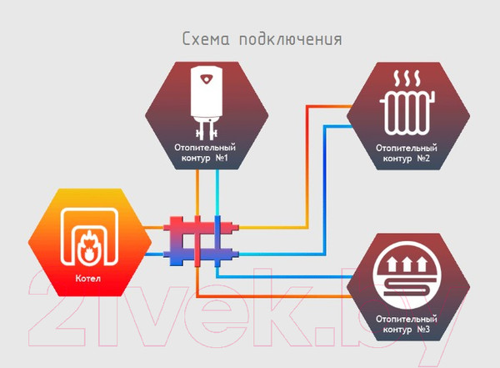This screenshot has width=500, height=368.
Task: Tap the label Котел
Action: click(87, 278)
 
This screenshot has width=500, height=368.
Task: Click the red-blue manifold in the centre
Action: click(197, 239)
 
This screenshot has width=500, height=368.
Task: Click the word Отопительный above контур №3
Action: click(405, 317)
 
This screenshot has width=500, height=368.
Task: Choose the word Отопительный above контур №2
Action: click(405, 148)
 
